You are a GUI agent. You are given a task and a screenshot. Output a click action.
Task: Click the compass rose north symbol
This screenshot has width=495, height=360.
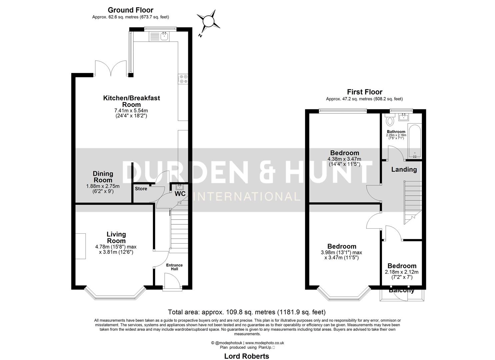(x=208, y=21)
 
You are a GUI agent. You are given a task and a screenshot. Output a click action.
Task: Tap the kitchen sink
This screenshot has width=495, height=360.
(x=164, y=36)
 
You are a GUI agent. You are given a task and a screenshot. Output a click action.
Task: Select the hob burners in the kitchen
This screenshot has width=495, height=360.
(x=183, y=79)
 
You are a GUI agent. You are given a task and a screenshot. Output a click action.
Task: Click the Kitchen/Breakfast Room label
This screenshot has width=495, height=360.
(x=131, y=101)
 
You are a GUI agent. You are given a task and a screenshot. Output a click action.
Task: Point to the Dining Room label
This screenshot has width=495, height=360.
(x=103, y=177)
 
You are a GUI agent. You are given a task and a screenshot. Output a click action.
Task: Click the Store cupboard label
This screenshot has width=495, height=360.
(x=141, y=189)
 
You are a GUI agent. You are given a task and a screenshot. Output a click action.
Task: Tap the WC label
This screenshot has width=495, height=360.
(x=180, y=194)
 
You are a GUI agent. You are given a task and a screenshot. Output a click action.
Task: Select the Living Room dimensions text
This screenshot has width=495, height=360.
(x=116, y=249)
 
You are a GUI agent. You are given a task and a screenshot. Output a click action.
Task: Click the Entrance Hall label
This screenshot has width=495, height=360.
(x=175, y=267)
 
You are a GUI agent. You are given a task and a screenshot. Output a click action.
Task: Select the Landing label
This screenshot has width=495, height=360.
(x=404, y=169)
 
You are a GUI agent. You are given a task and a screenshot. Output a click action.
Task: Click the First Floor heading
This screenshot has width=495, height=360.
(x=364, y=92)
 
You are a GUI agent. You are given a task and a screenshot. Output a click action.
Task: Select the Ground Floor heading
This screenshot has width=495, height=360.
(x=130, y=10)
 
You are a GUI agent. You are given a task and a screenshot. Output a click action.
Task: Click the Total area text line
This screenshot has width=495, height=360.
(x=247, y=312)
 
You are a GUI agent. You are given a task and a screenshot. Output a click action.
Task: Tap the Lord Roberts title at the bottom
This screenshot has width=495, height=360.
(x=246, y=356)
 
